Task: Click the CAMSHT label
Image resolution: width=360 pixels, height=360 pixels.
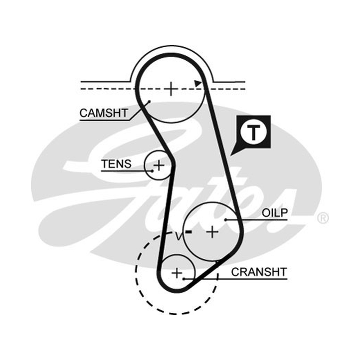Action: click(x=104, y=113)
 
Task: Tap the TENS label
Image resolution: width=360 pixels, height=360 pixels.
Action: click(x=116, y=164)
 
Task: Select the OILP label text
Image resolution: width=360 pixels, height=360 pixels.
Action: click(x=274, y=213)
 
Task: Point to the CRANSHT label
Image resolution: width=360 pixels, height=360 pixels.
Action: click(x=259, y=272)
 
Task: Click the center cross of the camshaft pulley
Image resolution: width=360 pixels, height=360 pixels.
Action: click(x=171, y=89)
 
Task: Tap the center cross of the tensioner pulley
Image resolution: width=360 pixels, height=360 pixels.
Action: click(x=159, y=165)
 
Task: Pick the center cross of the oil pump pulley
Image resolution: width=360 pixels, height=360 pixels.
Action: click(x=212, y=232)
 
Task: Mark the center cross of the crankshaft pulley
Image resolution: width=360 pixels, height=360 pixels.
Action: click(x=177, y=273)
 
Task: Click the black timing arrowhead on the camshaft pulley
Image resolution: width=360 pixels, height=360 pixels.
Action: click(x=198, y=84)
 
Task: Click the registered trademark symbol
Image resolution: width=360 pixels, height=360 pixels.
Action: click(x=323, y=218)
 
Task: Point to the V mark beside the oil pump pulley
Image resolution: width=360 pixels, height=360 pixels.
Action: click(x=179, y=236)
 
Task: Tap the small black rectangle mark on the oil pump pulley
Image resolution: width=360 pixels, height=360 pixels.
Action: click(x=189, y=232)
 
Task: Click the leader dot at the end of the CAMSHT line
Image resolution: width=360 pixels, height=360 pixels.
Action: click(x=149, y=101)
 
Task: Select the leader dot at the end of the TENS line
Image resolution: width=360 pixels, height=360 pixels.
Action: click(x=152, y=171)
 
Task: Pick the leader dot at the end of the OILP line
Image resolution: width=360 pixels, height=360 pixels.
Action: click(x=226, y=220)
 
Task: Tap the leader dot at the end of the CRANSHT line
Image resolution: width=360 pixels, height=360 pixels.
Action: click(x=184, y=279)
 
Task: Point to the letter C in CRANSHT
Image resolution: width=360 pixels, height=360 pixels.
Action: click(x=235, y=272)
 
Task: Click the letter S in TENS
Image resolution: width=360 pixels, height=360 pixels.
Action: click(x=127, y=164)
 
